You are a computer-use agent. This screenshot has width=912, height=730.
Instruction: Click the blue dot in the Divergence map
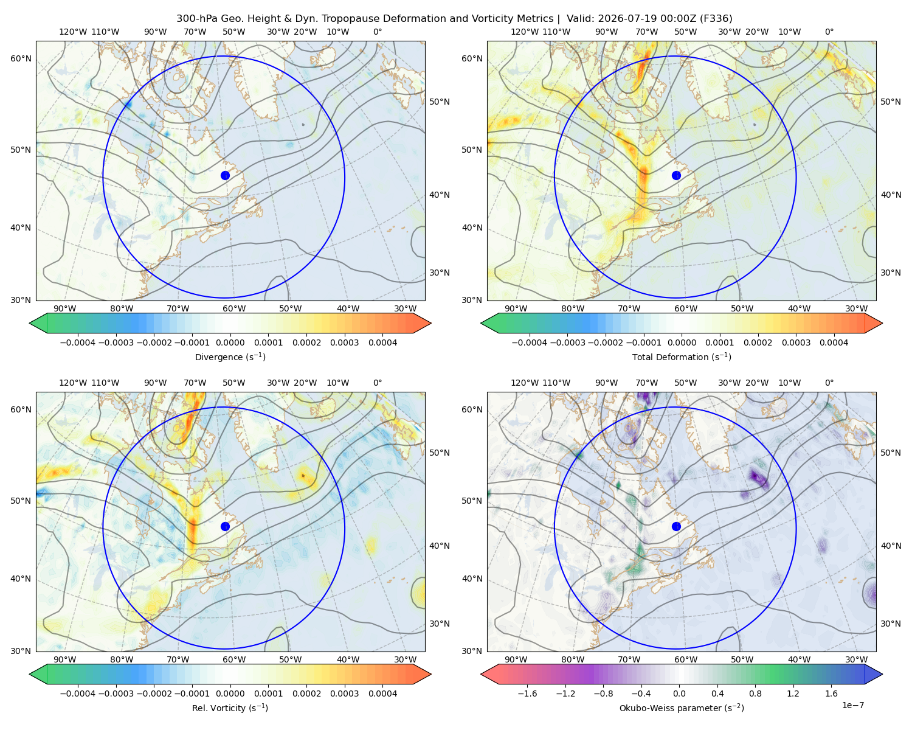225,176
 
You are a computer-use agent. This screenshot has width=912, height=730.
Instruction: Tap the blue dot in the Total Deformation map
676,176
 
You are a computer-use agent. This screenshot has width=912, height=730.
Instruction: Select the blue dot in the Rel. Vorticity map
225,526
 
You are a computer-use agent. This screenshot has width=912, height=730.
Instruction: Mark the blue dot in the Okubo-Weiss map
676,526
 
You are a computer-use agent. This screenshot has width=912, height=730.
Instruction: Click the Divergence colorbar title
230,357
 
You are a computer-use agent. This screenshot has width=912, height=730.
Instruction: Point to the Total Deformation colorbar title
682,357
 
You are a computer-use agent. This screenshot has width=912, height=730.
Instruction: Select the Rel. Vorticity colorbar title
230,708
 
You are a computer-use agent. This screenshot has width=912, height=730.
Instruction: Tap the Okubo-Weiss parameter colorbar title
682,708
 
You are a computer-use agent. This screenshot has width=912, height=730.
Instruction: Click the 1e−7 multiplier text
852,705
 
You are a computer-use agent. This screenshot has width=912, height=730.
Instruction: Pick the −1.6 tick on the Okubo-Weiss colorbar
527,693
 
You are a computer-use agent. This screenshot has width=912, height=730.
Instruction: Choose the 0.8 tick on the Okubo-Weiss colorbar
755,693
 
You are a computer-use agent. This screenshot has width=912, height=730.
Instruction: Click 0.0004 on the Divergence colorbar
382,342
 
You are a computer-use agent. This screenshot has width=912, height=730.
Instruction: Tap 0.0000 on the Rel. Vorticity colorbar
230,693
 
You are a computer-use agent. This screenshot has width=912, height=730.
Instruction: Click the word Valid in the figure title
578,19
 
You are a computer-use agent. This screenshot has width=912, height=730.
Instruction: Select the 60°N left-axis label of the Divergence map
21,58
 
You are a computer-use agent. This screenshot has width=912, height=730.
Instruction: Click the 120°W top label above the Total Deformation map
524,32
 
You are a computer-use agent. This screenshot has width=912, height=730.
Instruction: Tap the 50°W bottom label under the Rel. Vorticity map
290,659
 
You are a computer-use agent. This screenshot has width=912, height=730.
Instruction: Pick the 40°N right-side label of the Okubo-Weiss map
891,546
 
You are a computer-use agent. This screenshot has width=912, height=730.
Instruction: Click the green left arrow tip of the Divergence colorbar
30,323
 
